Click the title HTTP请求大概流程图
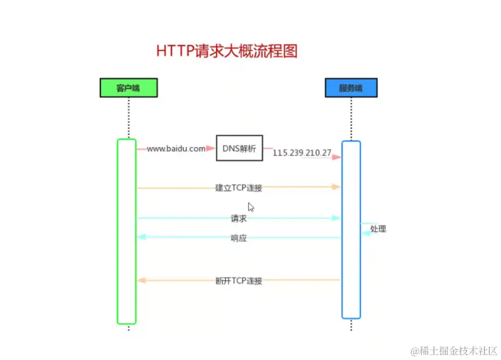click(227, 51)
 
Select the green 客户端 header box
click(129, 88)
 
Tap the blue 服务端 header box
click(351, 88)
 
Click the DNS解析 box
click(239, 148)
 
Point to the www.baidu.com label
click(176, 148)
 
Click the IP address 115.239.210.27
click(302, 153)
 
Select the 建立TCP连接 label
click(239, 188)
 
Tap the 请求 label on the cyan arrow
click(239, 218)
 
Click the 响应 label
click(239, 238)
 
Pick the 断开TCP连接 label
click(239, 281)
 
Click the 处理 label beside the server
click(378, 229)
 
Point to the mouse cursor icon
click(251, 207)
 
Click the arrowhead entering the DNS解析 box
click(212, 148)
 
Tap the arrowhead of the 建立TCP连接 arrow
click(337, 187)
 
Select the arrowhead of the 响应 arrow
click(141, 237)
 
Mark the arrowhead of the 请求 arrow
click(337, 218)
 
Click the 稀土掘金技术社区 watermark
click(455, 350)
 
